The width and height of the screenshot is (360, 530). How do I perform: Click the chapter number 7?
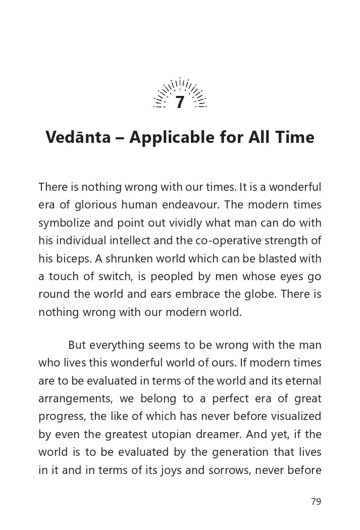pyautogui.click(x=180, y=103)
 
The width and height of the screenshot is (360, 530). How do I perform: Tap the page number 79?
pyautogui.click(x=316, y=501)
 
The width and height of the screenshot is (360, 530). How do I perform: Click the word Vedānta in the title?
pyautogui.click(x=78, y=137)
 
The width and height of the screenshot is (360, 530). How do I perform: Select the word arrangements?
pyautogui.click(x=75, y=399)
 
